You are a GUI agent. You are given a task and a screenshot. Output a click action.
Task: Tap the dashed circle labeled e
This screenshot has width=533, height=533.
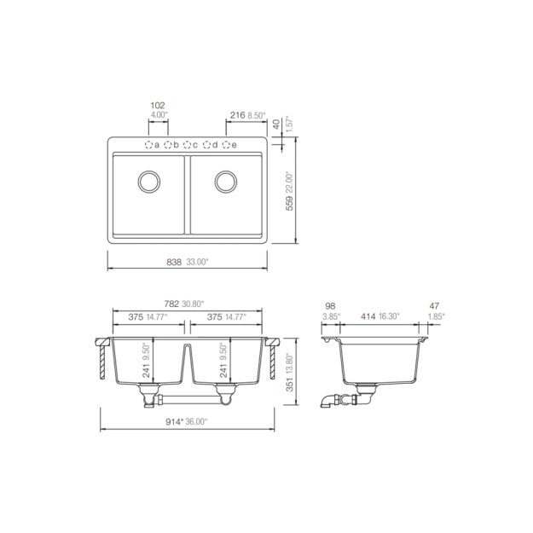pos(227,145)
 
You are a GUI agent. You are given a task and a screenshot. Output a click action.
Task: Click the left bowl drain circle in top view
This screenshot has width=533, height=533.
pos(148,182)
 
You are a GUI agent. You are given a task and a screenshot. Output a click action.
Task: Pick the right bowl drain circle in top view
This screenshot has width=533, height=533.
pos(226,182)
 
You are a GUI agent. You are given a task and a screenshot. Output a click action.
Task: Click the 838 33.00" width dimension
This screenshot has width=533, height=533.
pos(185,263)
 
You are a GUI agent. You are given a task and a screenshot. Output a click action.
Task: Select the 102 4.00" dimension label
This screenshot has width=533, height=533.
pos(157,110)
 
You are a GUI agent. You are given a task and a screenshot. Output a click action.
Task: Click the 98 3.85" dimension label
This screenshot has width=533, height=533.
pos(331,310)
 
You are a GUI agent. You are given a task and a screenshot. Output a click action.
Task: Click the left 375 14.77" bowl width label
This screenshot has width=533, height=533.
pos(146,317)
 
